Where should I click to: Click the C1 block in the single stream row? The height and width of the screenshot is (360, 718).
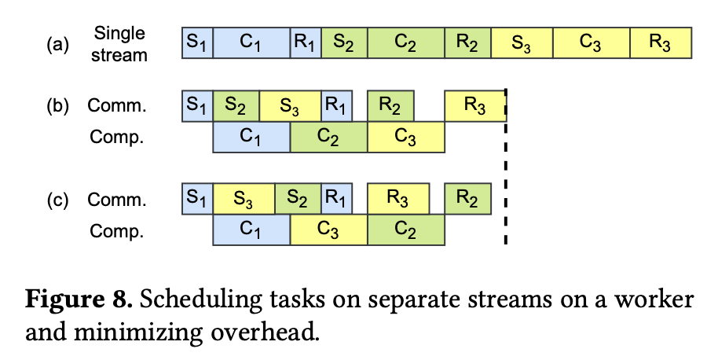(251, 42)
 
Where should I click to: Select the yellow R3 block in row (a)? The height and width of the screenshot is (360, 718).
(661, 42)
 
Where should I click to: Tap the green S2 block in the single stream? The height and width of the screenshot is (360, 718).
(344, 42)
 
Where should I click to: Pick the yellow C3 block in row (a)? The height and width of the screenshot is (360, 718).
(592, 42)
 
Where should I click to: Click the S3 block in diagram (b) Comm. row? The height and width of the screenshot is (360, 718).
(291, 106)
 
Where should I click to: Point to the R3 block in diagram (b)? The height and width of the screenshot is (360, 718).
(475, 106)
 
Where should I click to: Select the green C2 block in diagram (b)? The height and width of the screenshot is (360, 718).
(329, 137)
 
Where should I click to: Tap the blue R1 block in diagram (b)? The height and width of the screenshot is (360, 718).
(336, 106)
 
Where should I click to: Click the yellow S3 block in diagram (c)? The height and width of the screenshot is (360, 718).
(244, 199)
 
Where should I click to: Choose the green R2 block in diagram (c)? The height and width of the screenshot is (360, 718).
(467, 199)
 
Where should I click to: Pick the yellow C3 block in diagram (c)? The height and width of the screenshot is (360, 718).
(329, 230)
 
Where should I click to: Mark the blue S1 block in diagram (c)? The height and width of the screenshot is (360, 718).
(197, 199)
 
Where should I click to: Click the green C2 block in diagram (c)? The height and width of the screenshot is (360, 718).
(405, 230)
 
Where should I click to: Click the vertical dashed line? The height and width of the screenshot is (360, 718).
(506, 167)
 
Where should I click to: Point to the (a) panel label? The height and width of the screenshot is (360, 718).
(57, 45)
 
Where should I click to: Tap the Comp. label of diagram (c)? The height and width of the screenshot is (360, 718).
(117, 231)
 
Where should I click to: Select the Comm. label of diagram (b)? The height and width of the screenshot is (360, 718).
(117, 105)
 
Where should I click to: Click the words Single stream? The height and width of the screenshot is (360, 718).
(119, 44)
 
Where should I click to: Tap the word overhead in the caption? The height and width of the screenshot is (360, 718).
(265, 332)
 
